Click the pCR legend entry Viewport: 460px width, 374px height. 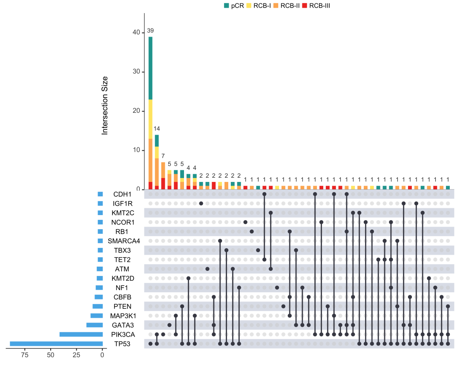pos(234,6)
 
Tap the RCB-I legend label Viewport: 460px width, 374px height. pos(262,6)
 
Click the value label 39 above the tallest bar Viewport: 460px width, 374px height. pos(150,31)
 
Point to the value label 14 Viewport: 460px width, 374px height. pos(157,129)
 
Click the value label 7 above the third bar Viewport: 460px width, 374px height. pos(163,156)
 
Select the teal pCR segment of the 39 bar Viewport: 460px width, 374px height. pos(150,68)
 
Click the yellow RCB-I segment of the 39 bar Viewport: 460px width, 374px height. pos(150,119)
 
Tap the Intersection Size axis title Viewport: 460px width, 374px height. pos(105,106)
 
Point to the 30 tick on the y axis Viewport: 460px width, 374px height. pos(136,72)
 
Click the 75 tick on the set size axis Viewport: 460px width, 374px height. pos(25,355)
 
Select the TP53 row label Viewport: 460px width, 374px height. pos(122,344)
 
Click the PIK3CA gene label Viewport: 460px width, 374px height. pos(123,334)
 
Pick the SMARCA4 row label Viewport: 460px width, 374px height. pos(124,241)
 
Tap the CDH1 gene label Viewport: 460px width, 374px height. pos(122,194)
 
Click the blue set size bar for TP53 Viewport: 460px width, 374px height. pos(56,344)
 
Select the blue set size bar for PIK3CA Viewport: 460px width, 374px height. pos(81,334)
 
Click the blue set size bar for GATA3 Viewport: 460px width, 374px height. pos(95,325)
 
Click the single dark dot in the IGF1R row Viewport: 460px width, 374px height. pos(201,203)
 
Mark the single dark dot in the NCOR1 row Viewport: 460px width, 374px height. pos(246,222)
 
